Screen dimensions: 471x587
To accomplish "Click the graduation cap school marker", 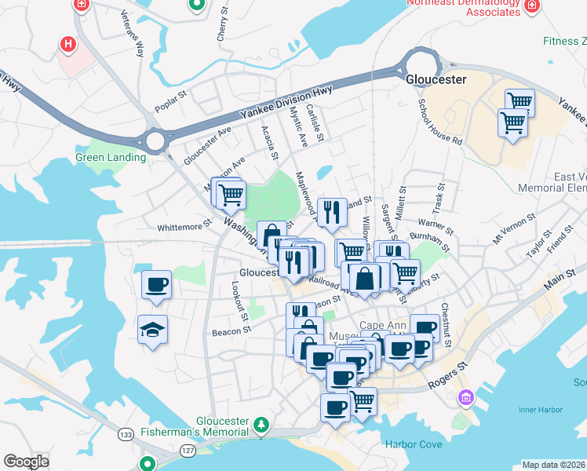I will coord(152,330).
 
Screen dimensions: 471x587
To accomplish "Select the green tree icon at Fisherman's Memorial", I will coord(261,426).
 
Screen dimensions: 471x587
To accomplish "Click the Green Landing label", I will coord(111,157).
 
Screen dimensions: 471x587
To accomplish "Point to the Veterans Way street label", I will coord(133,34).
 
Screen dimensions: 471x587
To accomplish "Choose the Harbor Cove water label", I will coord(414,444).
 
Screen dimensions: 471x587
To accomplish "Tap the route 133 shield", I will coord(126,434).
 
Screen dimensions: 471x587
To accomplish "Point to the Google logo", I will coord(26,462).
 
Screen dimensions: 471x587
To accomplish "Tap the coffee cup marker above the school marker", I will coord(155,284).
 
